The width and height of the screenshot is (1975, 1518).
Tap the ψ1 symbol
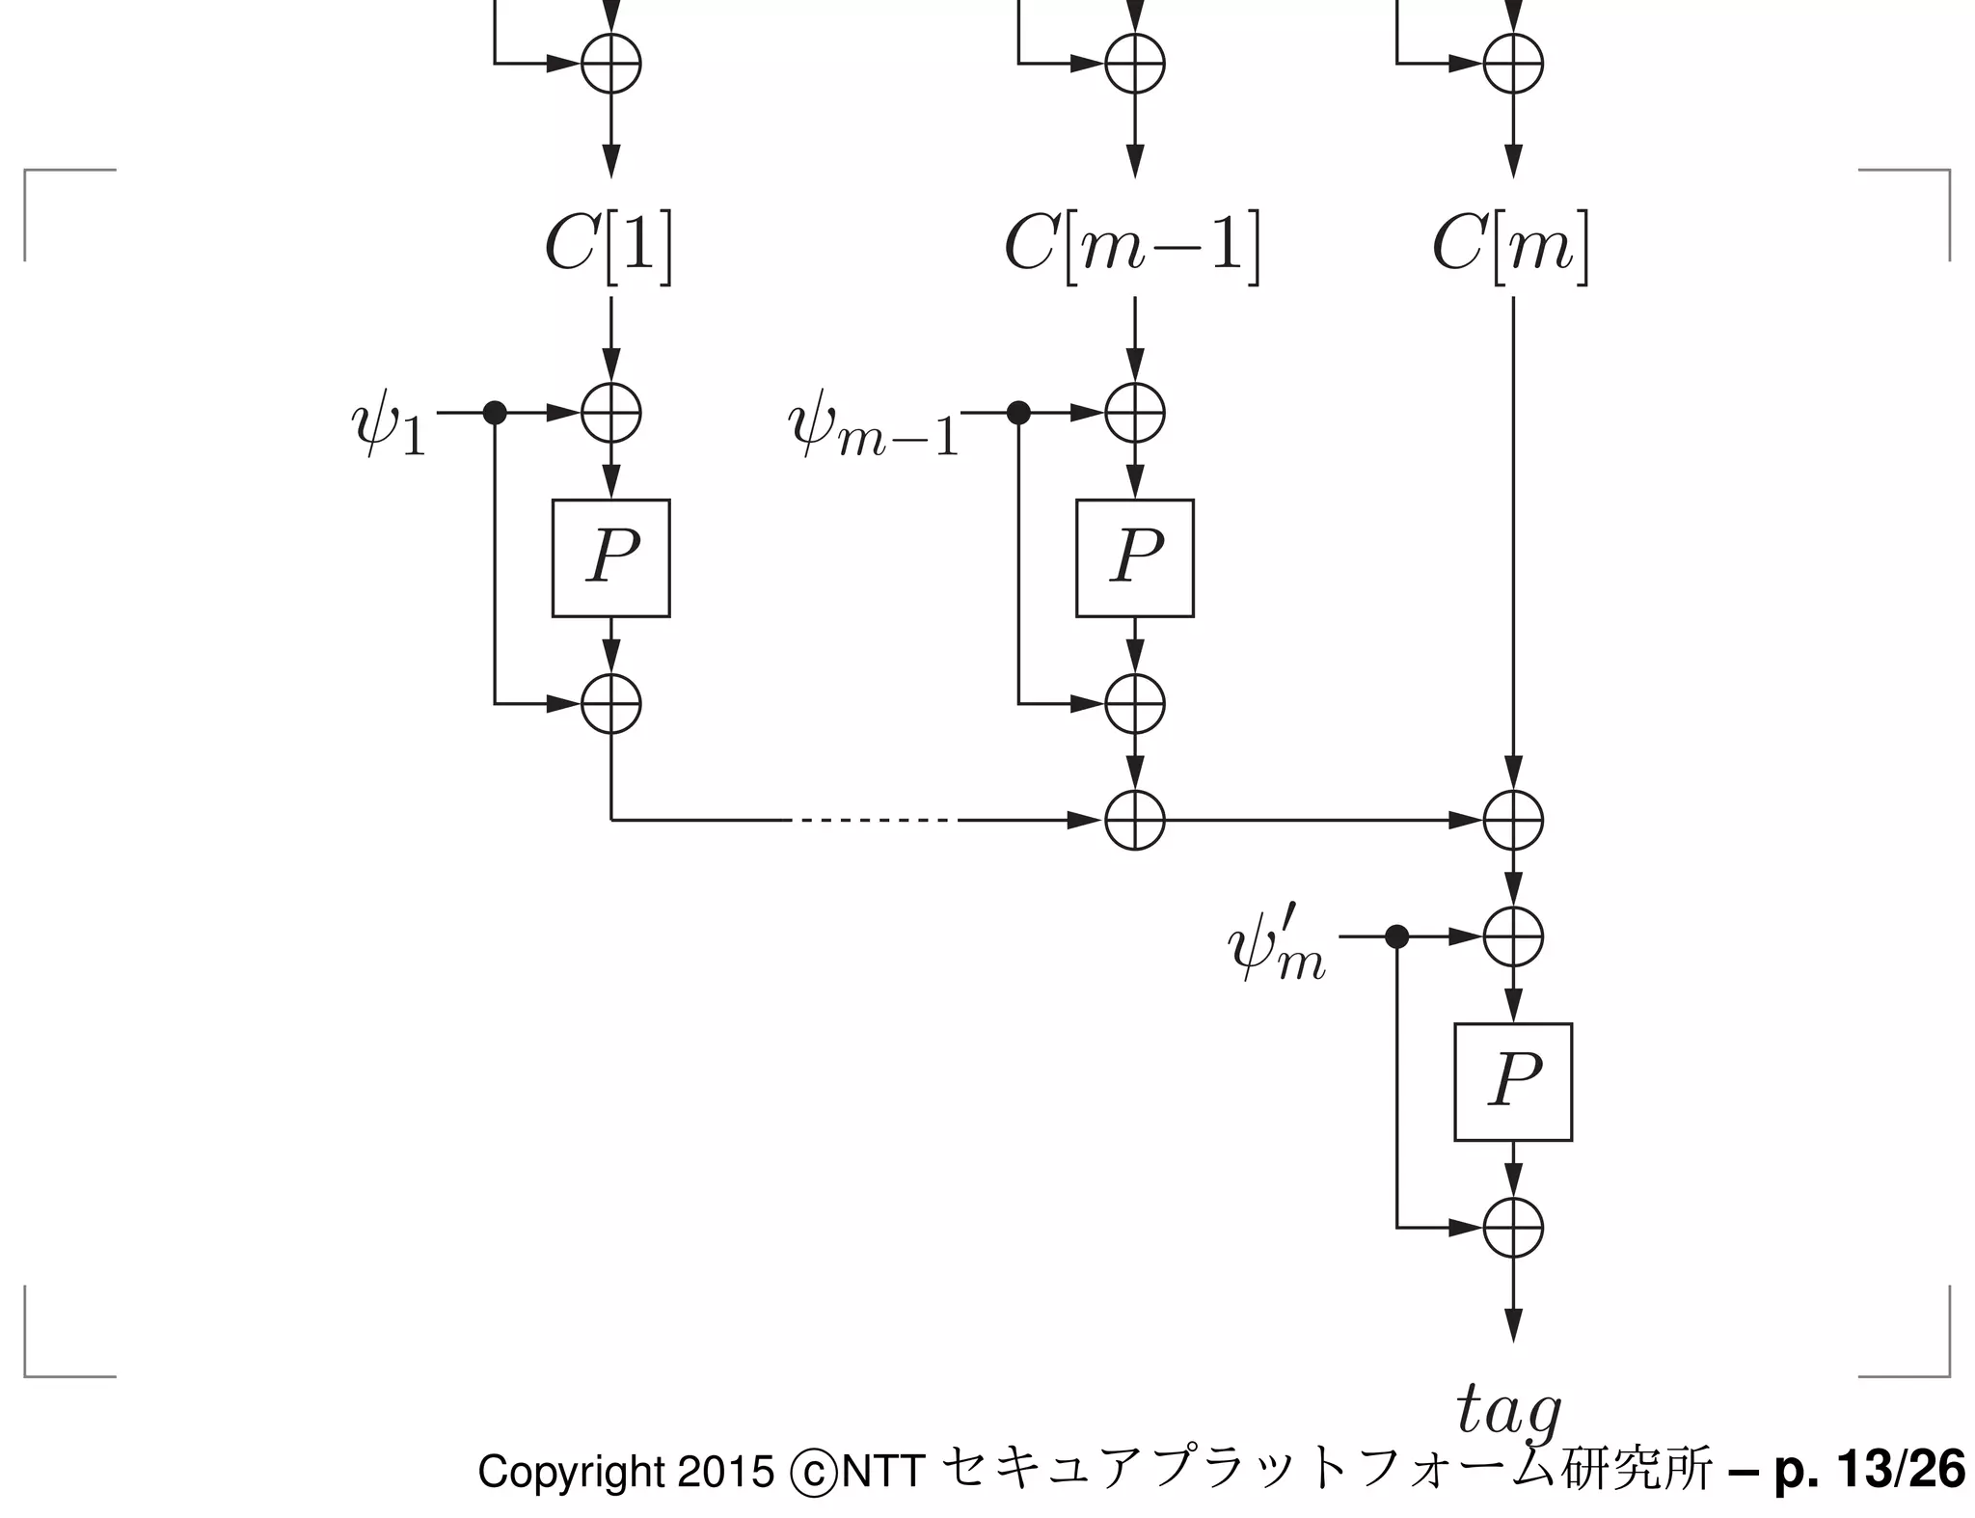(388, 427)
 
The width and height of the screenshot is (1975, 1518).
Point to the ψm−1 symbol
(874, 428)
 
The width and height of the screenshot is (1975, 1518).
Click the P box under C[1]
(611, 557)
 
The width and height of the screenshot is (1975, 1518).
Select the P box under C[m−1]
(1135, 557)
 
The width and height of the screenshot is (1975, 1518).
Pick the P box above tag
(1513, 1081)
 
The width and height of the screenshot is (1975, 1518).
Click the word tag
(1508, 1412)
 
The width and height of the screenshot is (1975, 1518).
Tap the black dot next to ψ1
(495, 413)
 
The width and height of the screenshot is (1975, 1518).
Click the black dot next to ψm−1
(1018, 413)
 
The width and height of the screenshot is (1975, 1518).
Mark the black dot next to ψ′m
(1396, 936)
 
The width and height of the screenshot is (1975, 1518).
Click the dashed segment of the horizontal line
(874, 821)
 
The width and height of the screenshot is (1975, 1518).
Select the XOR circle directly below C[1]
(611, 413)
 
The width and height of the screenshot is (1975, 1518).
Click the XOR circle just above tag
(1513, 1228)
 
